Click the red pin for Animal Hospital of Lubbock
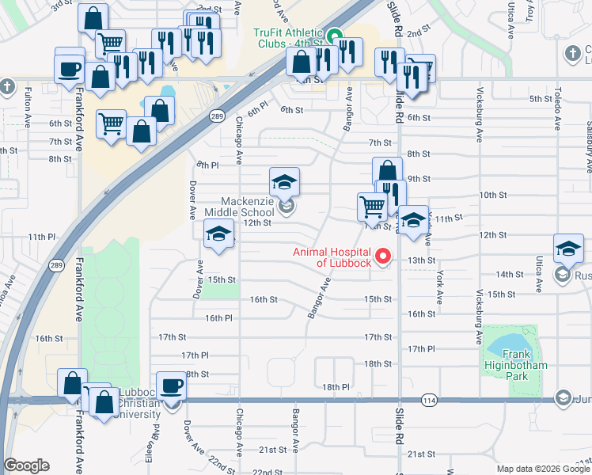(384, 256)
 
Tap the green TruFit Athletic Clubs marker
(335, 36)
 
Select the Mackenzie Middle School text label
(239, 207)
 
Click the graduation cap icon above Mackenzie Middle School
(284, 183)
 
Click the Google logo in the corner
(27, 465)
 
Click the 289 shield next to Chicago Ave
(216, 116)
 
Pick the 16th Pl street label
(218, 317)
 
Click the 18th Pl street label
(336, 387)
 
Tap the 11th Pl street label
(42, 237)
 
